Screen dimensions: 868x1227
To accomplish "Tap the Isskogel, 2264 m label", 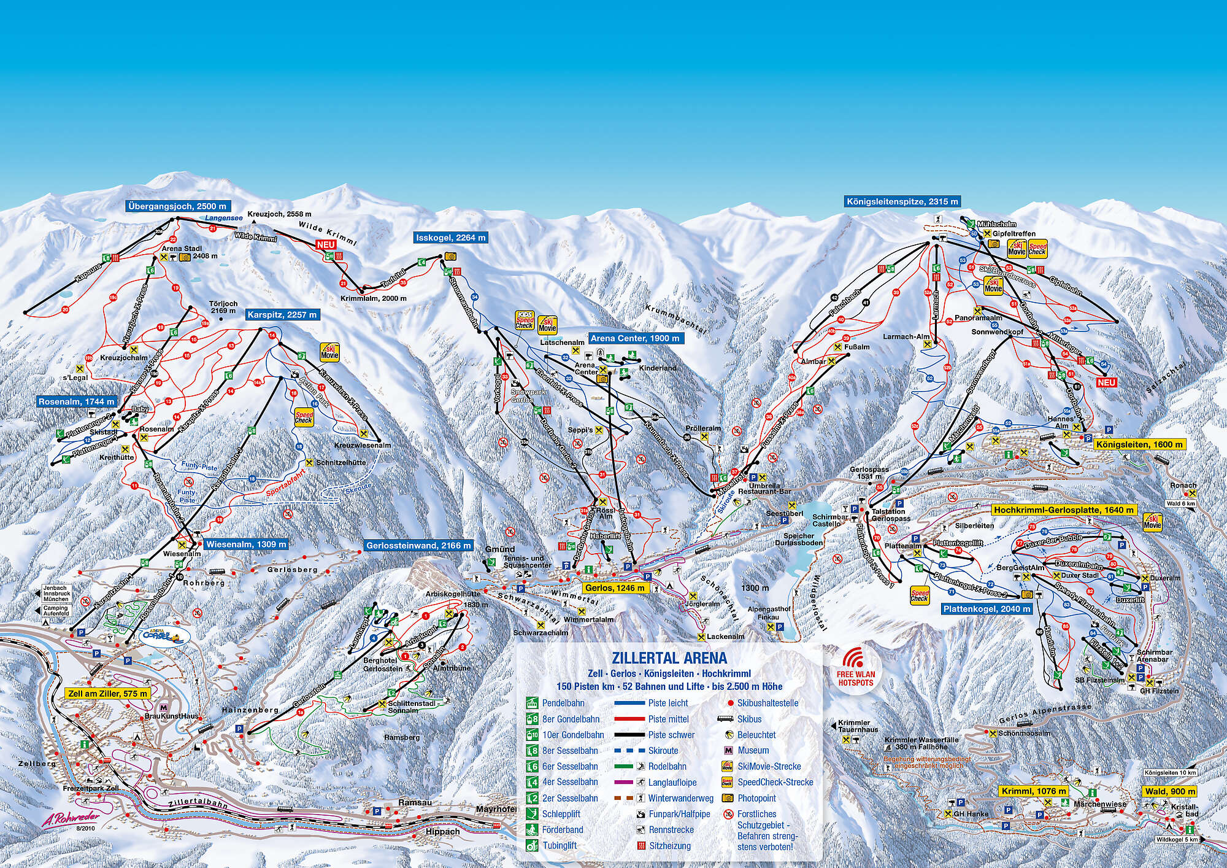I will [x=451, y=238].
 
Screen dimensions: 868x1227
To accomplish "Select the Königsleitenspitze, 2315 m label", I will [x=901, y=201].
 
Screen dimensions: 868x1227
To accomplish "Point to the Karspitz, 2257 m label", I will [x=282, y=315].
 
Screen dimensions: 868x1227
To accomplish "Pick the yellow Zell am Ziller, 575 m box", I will [x=107, y=693].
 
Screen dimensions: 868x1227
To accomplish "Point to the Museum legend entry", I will [x=753, y=750].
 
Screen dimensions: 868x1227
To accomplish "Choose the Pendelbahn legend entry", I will [x=563, y=703].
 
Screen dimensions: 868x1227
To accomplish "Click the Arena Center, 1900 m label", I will [x=634, y=338].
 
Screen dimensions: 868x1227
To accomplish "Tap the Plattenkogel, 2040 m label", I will [x=987, y=609].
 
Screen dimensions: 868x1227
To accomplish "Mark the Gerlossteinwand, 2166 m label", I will [x=418, y=545].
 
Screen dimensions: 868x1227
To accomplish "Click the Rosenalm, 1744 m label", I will [x=77, y=401].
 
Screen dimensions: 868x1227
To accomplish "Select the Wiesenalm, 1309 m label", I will [x=245, y=544].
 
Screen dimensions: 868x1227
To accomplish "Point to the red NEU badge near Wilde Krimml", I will [x=326, y=244].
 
